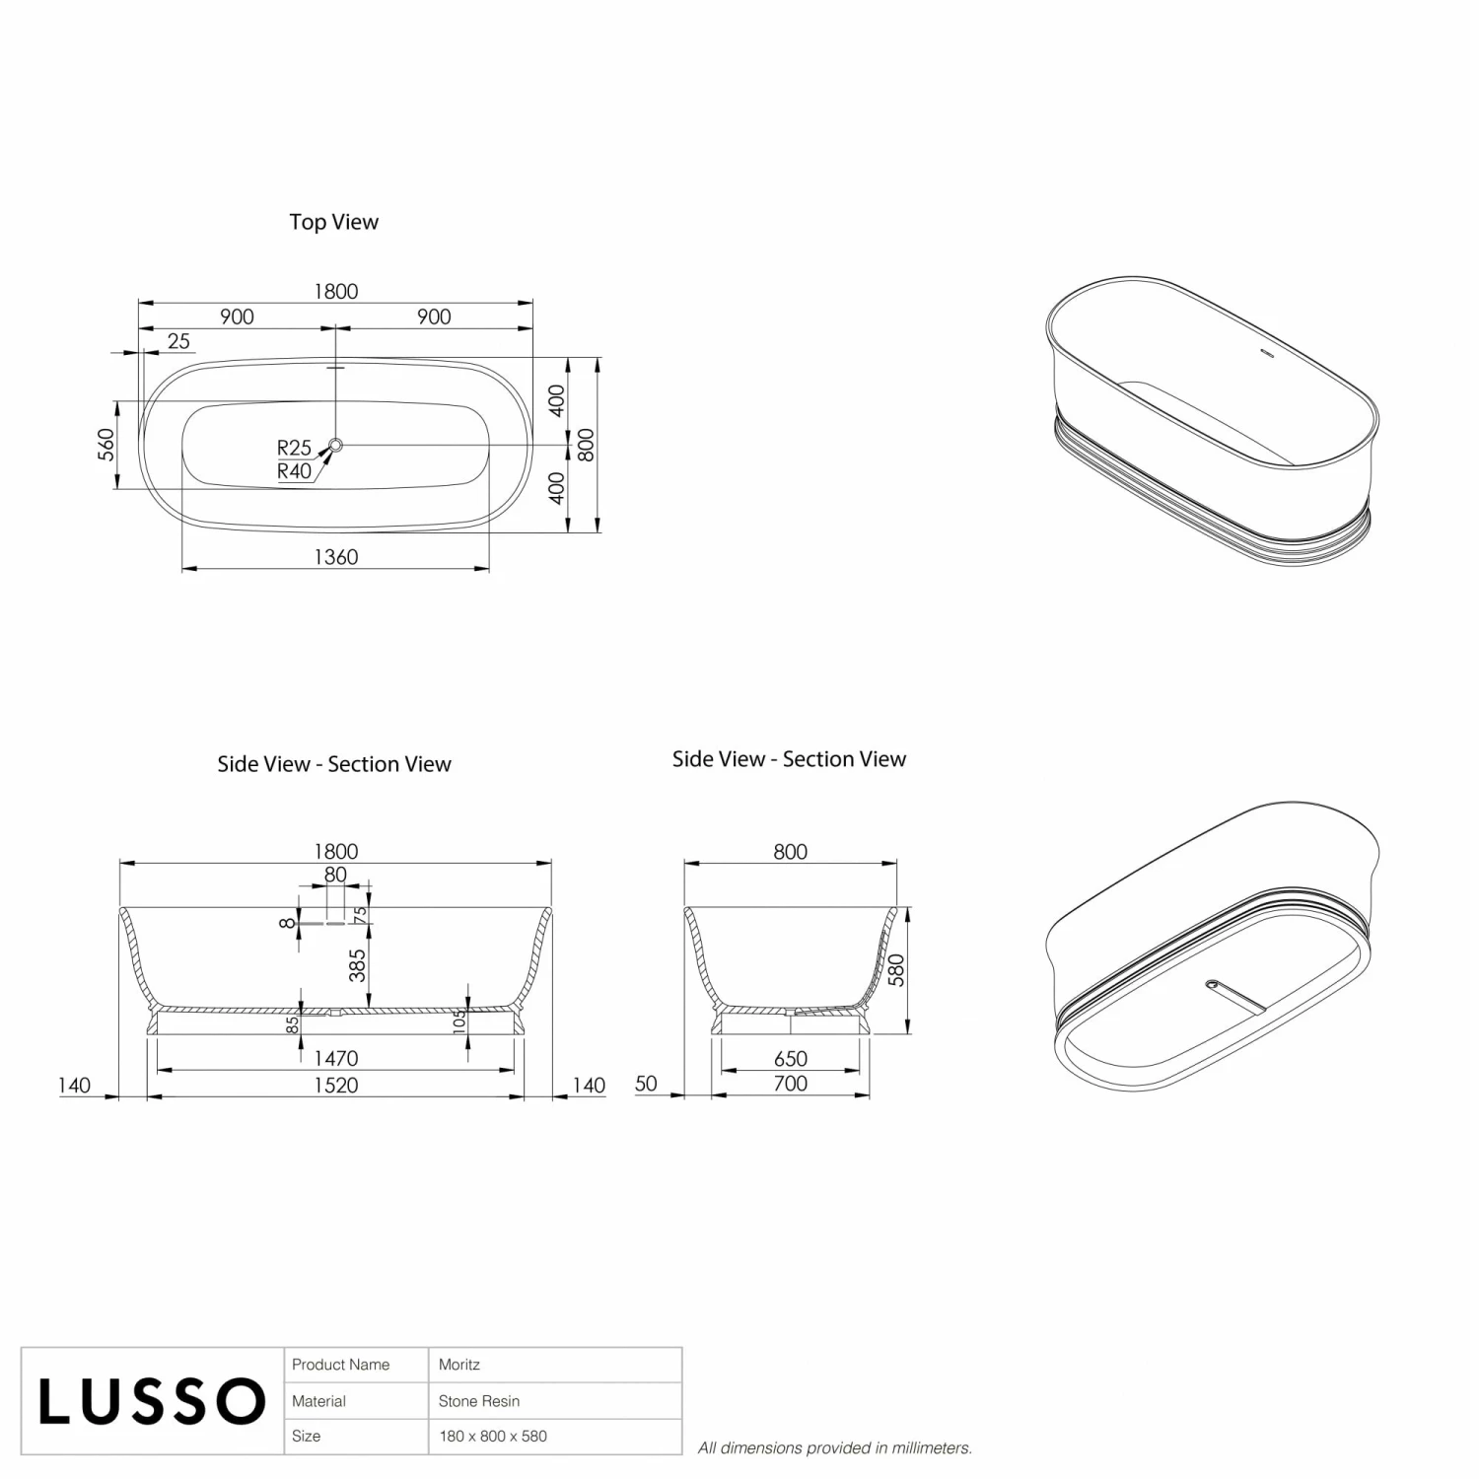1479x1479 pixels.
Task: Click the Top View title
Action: tap(333, 222)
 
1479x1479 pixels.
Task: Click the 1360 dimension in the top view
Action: tap(335, 557)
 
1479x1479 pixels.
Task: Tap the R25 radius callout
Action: tap(294, 448)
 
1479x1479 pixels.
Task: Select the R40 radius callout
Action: tap(294, 471)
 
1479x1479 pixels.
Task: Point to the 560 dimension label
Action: tap(106, 444)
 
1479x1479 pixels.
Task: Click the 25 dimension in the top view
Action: tap(178, 341)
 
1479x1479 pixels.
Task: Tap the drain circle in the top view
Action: tap(335, 446)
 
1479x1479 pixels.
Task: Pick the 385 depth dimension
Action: tap(357, 965)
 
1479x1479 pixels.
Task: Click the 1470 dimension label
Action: tap(335, 1058)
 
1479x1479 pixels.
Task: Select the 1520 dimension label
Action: tap(335, 1085)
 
